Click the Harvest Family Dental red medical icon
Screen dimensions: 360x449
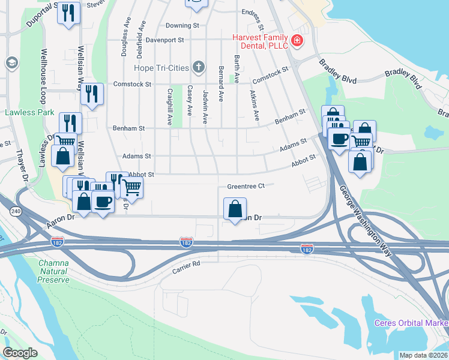tap(296, 41)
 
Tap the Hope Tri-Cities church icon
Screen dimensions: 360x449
tap(199, 67)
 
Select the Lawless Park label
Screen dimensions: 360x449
tap(30, 112)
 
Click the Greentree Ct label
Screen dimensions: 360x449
tap(246, 187)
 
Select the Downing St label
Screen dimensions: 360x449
tap(182, 26)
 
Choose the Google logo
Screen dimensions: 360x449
tap(20, 353)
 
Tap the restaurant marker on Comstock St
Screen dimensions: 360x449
tap(92, 94)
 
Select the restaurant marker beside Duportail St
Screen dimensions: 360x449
tap(69, 13)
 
